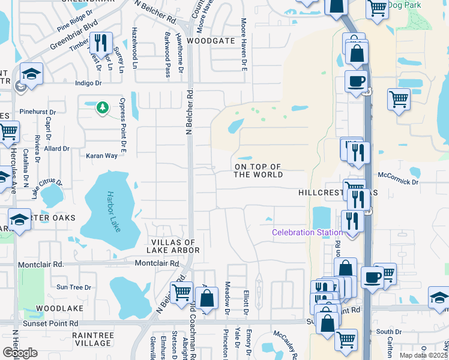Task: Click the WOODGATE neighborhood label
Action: (210, 41)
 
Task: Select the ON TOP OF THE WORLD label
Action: (258, 170)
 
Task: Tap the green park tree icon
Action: (103, 107)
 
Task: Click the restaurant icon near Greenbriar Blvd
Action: (100, 41)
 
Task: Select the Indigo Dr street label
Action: (88, 83)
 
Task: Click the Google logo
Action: (20, 352)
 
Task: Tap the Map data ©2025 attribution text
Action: (423, 355)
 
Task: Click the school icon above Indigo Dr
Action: (31, 74)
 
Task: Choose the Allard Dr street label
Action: (57, 148)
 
